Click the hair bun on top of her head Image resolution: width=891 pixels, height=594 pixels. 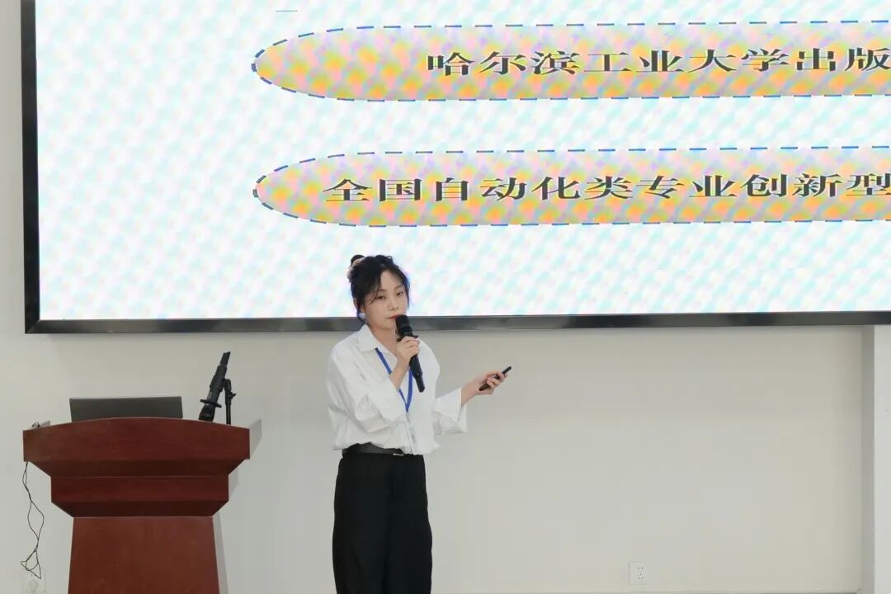pos(356,262)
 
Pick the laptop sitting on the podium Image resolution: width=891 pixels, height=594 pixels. pos(125,408)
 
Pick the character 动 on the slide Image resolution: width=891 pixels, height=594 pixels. pos(504,189)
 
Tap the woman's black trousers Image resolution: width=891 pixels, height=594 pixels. pos(381,520)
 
